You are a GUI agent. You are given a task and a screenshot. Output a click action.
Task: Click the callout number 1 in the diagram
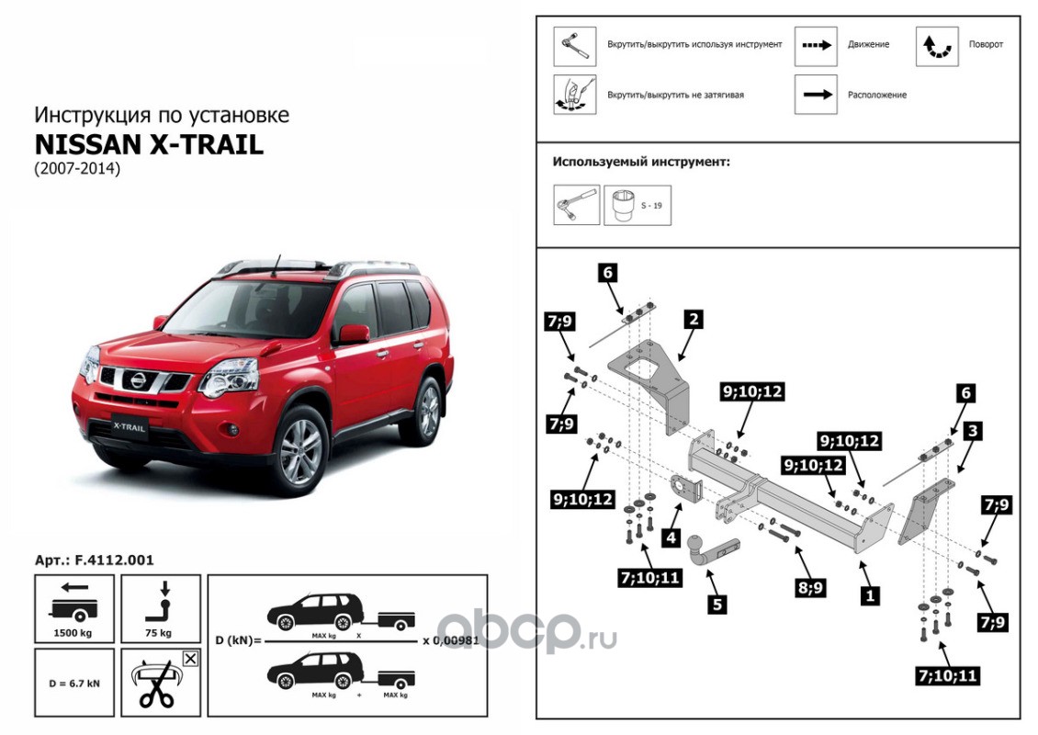click(x=866, y=594)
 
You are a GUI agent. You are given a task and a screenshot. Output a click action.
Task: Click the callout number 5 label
click(x=717, y=604)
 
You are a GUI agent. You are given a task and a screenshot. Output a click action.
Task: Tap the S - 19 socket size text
click(x=651, y=205)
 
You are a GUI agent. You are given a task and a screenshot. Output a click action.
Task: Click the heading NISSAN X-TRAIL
click(x=149, y=146)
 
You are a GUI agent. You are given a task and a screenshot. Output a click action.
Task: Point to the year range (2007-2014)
click(x=77, y=170)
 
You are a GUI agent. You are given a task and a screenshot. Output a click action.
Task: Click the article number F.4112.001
click(x=94, y=559)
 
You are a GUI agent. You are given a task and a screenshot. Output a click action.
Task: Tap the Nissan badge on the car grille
click(x=135, y=379)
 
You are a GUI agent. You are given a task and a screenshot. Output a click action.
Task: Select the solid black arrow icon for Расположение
click(x=816, y=95)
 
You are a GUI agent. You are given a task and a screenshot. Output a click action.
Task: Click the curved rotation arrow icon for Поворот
click(x=937, y=45)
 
